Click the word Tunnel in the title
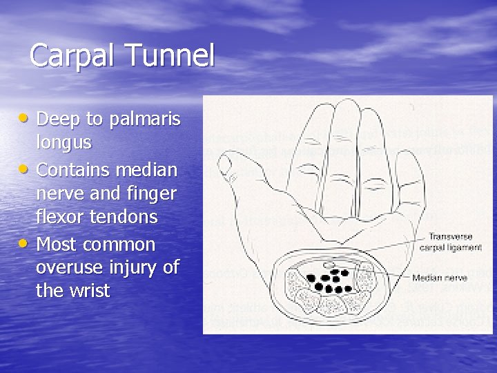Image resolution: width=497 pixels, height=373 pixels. tap(169, 56)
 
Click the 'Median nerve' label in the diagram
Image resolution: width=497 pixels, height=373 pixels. tap(440, 278)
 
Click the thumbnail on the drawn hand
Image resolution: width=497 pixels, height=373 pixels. tap(224, 164)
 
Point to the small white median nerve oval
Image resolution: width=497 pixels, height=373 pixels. tap(329, 265)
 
